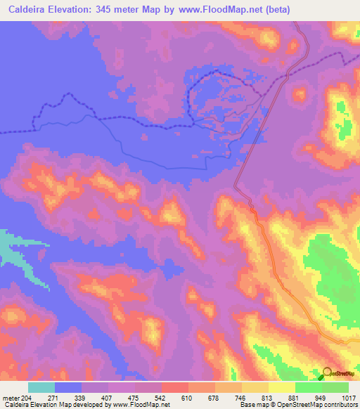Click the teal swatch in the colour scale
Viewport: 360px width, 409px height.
(41, 387)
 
